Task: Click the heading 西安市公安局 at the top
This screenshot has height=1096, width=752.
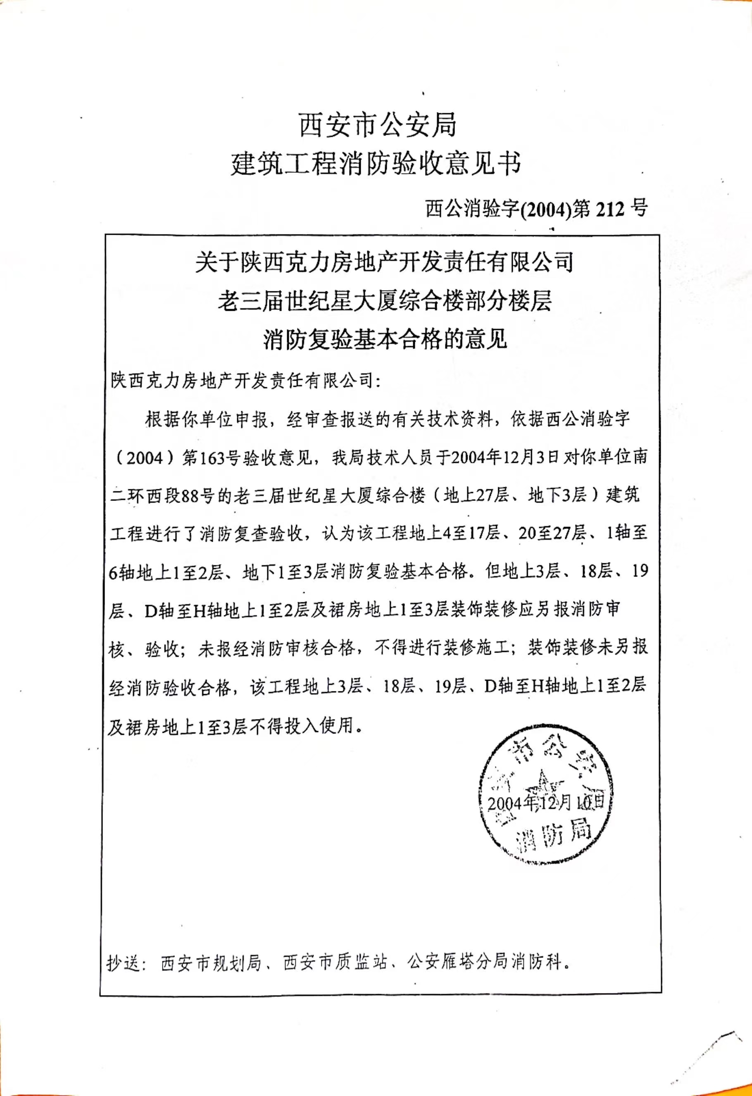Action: [378, 126]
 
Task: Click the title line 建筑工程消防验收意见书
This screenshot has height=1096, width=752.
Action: [376, 164]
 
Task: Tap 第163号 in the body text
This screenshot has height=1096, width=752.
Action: [212, 458]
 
